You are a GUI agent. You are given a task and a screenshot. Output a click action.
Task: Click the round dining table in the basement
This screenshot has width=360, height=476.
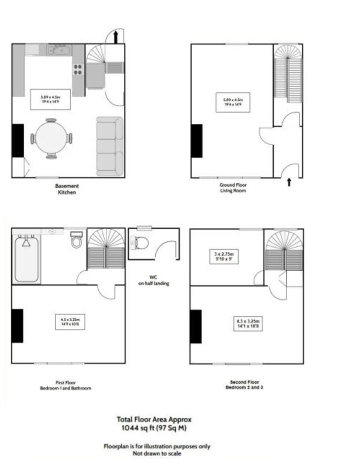(51, 138)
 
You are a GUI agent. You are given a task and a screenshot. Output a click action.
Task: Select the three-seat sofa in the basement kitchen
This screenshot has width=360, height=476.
(109, 146)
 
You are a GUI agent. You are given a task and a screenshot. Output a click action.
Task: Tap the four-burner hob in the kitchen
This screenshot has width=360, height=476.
(78, 69)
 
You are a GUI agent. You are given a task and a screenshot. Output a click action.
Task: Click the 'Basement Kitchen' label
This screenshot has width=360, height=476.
(67, 189)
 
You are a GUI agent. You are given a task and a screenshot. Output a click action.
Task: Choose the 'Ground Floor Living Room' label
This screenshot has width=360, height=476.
(232, 188)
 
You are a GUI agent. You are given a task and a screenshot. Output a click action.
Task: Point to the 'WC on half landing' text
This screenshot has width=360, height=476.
(153, 280)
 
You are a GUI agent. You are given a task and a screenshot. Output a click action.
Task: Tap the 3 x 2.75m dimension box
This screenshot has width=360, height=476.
(223, 257)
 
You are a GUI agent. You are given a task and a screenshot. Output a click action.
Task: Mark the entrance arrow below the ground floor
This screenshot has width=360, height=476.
(289, 182)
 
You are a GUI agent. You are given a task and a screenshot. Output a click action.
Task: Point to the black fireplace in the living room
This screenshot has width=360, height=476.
(197, 141)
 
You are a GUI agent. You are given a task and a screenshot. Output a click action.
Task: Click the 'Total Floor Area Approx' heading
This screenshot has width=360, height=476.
(154, 420)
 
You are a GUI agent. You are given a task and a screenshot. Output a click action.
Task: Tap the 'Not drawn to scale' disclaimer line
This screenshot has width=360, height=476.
(157, 454)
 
